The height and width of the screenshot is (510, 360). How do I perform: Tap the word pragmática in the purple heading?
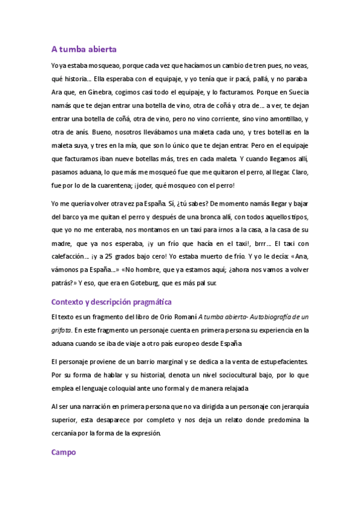pyautogui.click(x=147, y=301)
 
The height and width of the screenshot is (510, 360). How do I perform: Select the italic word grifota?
pyautogui.click(x=61, y=330)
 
